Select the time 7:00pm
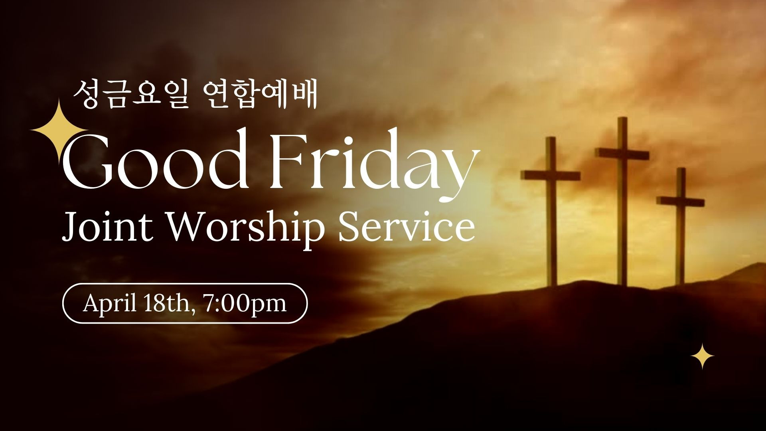(x=245, y=304)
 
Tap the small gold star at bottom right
(x=702, y=356)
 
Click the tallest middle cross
(x=621, y=202)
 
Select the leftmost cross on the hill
(x=551, y=212)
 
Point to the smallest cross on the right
(x=680, y=225)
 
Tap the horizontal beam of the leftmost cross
(x=551, y=176)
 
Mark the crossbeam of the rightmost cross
(x=681, y=201)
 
